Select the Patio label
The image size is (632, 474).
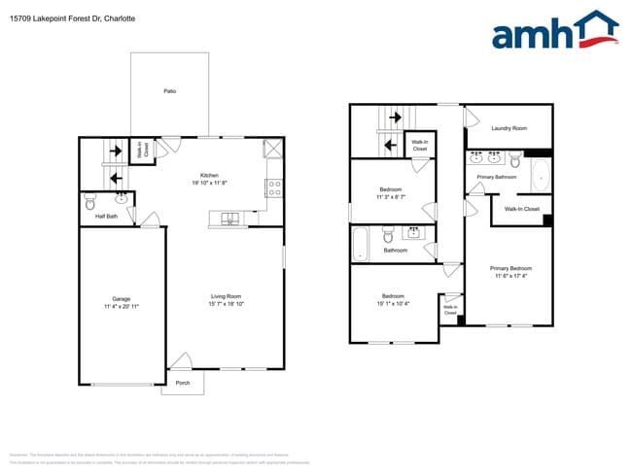click(x=169, y=91)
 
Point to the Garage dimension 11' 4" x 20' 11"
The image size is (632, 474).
click(x=122, y=307)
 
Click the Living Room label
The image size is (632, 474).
click(x=226, y=296)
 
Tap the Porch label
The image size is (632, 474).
click(x=183, y=383)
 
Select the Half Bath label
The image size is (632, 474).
click(x=106, y=216)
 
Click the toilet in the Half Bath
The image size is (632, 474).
click(x=89, y=202)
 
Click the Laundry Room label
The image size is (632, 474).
click(x=509, y=128)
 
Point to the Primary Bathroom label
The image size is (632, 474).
click(x=496, y=177)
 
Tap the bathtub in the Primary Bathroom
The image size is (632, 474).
click(x=541, y=175)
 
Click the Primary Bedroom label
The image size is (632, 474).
click(x=510, y=268)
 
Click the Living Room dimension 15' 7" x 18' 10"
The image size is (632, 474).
click(x=226, y=304)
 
